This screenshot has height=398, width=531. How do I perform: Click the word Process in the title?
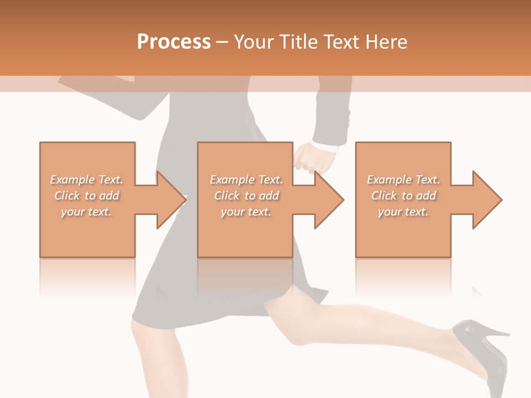click(174, 42)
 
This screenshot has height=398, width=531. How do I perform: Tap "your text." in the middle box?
click(246, 212)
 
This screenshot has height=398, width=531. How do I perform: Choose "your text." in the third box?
click(403, 212)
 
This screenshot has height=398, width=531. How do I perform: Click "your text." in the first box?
click(86, 212)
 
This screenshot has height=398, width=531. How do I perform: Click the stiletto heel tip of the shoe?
click(507, 334)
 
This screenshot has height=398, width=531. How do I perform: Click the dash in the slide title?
click(222, 42)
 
